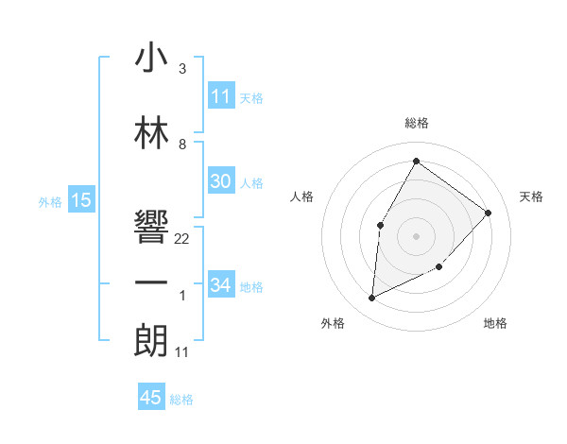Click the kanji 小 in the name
point(151,58)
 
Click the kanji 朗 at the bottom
point(151,340)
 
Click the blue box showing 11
point(221,96)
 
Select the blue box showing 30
point(221,181)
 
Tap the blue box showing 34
point(221,284)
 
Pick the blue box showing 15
point(81,199)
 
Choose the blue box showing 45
point(151,398)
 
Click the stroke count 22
point(182,239)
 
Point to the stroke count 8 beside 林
point(182,145)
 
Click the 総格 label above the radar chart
point(416,123)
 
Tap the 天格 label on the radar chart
point(532,196)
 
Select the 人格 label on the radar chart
point(302,196)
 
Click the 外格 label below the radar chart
point(333,323)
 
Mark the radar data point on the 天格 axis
point(488,213)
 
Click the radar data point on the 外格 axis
point(372,299)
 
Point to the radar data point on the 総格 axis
point(416,162)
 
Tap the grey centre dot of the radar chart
point(416,235)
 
